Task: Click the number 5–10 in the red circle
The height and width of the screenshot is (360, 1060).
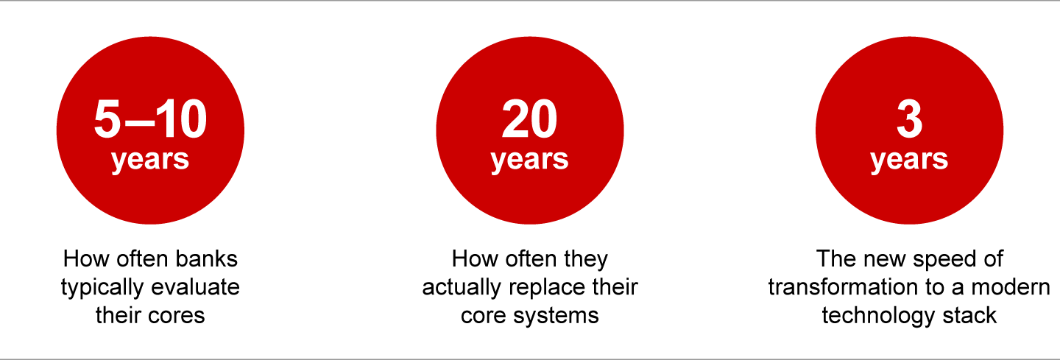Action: pos(150,119)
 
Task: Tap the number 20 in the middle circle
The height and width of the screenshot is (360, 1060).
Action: pos(529,119)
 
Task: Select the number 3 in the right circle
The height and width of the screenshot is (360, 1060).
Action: pos(910,119)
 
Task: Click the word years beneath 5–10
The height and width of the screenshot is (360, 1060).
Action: pos(150,160)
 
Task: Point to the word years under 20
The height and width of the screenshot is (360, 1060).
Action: pos(529,160)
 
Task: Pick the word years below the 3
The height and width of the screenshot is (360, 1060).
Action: pos(909,160)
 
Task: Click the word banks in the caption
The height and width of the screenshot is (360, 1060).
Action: pos(206,258)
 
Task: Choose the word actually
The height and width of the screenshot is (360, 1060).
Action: pos(458,288)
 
